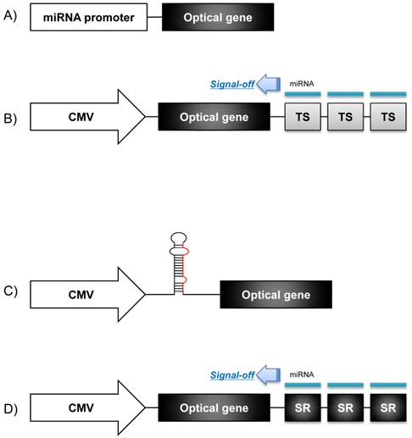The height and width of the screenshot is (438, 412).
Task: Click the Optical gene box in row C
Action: pos(276,294)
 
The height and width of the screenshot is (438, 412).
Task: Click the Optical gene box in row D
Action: pos(213,408)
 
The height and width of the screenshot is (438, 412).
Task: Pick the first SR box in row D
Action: pos(303,408)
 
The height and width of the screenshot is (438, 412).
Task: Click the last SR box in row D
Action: pos(387,408)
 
